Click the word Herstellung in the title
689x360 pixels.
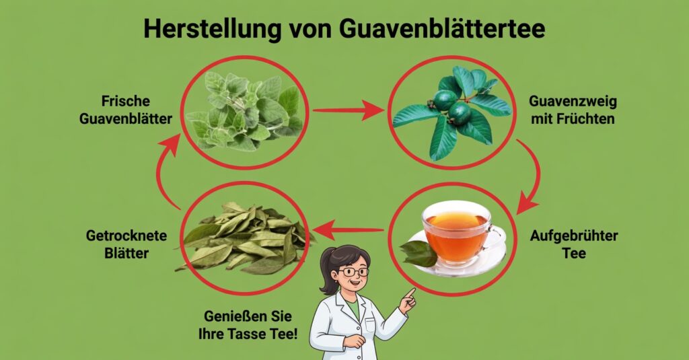[212, 29]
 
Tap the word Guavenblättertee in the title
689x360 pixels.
[442, 29]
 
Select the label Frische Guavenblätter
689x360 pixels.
[126, 110]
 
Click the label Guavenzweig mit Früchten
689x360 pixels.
[573, 110]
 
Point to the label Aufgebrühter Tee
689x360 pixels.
[574, 244]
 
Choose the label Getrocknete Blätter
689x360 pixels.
[126, 244]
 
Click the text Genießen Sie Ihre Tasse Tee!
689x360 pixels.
[248, 325]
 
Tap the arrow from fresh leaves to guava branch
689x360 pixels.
[348, 110]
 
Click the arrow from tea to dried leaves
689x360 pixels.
[348, 230]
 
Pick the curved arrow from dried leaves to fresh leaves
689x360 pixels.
[164, 172]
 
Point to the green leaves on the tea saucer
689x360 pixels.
[418, 254]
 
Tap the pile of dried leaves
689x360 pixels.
[244, 238]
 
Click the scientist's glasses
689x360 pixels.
[353, 272]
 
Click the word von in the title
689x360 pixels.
[310, 30]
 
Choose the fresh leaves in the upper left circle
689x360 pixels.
[244, 111]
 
